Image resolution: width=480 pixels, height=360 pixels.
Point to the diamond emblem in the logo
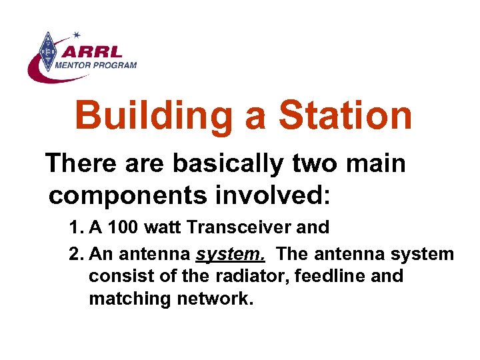(48, 52)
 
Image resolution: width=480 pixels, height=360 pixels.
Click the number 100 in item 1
(123, 227)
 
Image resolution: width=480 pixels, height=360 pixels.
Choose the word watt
(163, 227)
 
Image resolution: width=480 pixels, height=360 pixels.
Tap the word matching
(130, 299)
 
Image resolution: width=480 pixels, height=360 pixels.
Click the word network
(215, 299)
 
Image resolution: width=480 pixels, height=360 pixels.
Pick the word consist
(116, 276)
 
